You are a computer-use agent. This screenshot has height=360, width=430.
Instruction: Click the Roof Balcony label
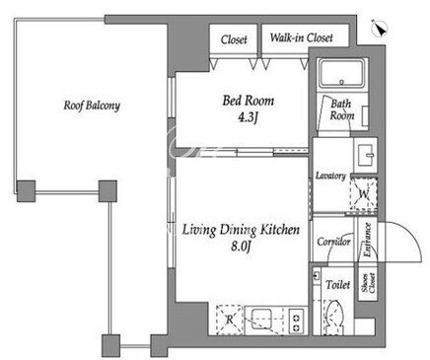coord(92,106)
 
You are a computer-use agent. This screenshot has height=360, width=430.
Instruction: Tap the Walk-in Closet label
coord(301,37)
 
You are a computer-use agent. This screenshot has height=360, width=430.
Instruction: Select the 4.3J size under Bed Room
coord(248,117)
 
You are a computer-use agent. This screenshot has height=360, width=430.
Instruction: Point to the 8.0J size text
coord(241,246)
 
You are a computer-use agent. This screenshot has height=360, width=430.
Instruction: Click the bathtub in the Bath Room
coord(342,74)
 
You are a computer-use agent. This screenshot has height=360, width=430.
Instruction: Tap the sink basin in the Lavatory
coord(366,155)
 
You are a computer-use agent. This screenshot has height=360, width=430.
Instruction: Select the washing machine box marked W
coord(364,194)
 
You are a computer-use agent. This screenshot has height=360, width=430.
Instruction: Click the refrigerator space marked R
coord(230,320)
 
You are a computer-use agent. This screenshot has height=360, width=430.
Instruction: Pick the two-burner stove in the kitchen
coord(296,320)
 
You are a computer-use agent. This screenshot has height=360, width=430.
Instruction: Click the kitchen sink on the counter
coord(262,319)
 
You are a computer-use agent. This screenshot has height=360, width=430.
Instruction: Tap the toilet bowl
coord(335,318)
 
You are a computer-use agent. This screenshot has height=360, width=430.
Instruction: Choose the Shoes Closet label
coord(368,283)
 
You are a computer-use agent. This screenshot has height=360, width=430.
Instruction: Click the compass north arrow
coord(380,29)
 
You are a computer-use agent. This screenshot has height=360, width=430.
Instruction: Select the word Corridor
coord(333,242)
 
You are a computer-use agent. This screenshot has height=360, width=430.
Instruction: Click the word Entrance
coord(367,240)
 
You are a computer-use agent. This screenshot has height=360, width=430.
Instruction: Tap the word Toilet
coord(338,284)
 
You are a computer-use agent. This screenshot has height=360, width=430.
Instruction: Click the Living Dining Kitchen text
coord(241,230)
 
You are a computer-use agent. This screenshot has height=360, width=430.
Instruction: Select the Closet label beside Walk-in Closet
coord(234,39)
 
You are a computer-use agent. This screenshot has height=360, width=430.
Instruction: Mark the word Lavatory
coord(330,176)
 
